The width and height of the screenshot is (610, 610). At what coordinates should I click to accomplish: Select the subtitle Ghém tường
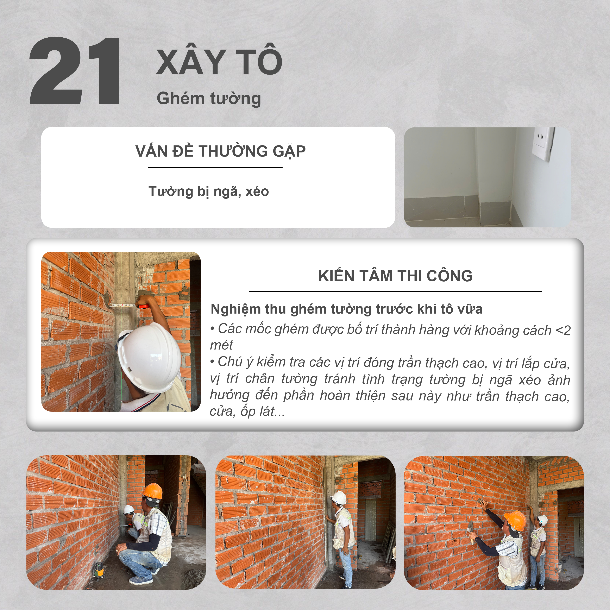209,98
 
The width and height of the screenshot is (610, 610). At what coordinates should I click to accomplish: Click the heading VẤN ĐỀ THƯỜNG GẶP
220,151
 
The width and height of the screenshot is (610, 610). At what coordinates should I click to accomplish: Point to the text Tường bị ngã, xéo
208,191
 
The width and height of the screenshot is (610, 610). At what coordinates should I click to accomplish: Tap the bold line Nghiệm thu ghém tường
346,309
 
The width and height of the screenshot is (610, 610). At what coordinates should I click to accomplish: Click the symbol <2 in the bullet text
563,331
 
